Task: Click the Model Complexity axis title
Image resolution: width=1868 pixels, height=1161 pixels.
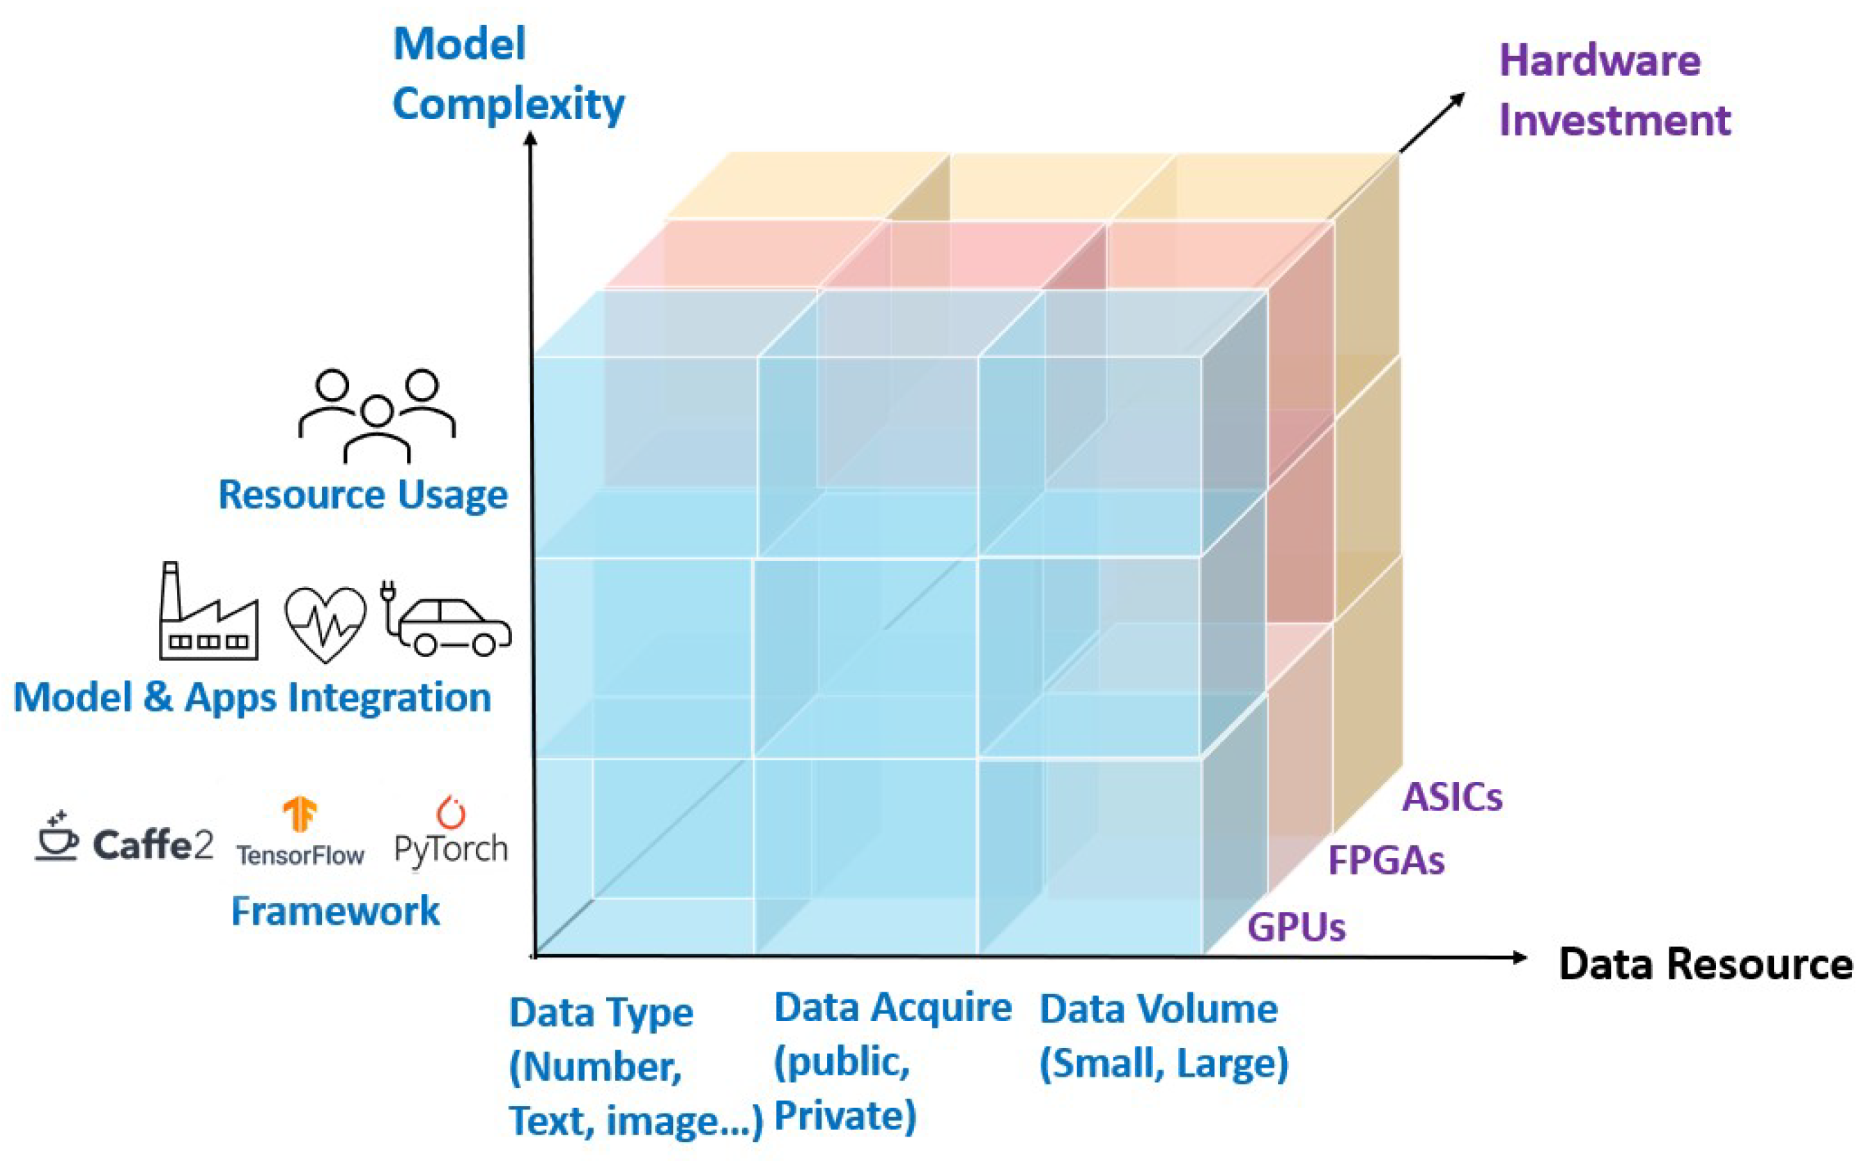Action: tap(507, 74)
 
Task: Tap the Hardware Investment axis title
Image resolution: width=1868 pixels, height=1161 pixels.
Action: tap(1614, 91)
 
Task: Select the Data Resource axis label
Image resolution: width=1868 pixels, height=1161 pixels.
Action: tap(1705, 964)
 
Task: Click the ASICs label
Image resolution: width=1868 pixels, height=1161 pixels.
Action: tap(1452, 798)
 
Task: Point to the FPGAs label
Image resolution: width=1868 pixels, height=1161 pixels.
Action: tap(1386, 861)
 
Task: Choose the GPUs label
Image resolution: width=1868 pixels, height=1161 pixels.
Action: tap(1296, 927)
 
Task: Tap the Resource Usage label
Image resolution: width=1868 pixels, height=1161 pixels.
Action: tap(362, 495)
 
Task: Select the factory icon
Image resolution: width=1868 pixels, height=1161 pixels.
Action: tap(208, 613)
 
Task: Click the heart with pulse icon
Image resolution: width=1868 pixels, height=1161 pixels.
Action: tap(325, 624)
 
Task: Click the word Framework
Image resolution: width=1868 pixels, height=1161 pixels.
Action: tap(336, 912)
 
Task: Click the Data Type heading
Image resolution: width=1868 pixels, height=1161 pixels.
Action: tap(601, 1013)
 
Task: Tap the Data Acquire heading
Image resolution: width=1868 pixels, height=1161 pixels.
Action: tap(892, 1008)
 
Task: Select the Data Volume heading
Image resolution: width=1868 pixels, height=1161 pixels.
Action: tap(1158, 1009)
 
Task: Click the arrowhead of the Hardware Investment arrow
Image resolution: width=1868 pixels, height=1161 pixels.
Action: tap(1456, 100)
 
